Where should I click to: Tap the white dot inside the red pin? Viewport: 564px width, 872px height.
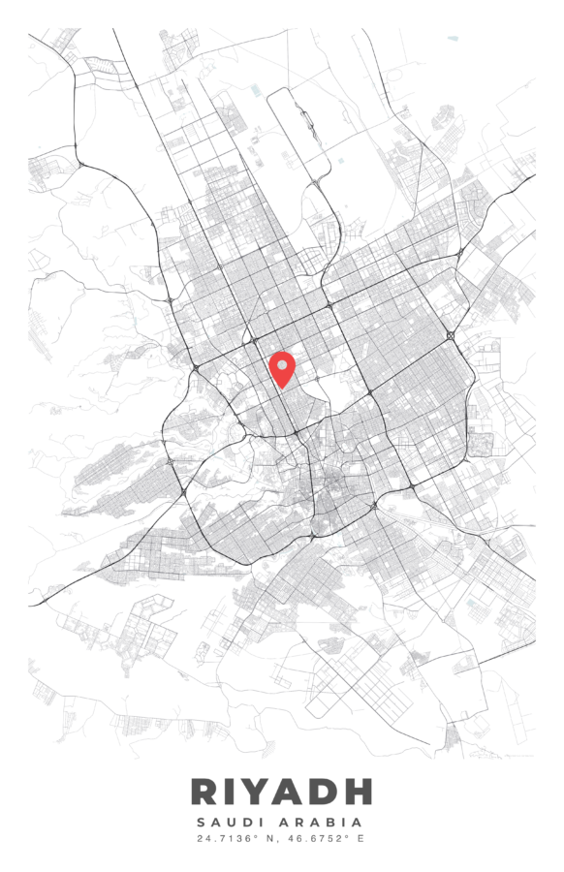pos(282,364)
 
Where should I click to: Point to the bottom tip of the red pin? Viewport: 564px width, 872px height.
pos(282,389)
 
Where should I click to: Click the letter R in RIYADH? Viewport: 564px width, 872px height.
pos(205,792)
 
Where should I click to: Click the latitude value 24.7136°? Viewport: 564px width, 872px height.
pos(230,838)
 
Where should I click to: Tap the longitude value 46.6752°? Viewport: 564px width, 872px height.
pos(318,838)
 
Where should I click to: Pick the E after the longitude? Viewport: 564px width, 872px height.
pos(360,838)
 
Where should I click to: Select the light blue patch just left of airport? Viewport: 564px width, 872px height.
pos(256,90)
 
